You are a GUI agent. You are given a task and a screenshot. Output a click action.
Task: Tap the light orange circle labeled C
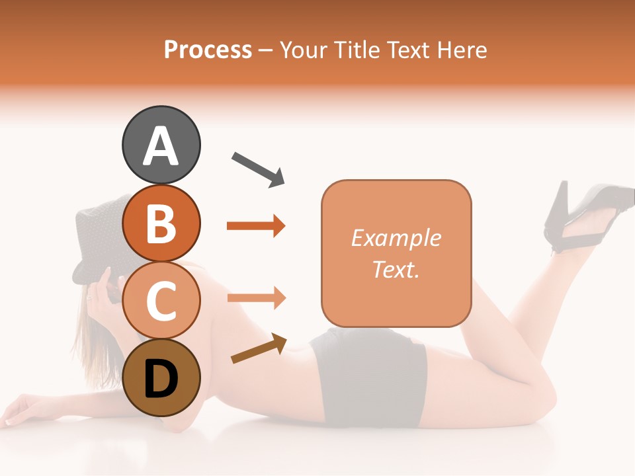click(161, 300)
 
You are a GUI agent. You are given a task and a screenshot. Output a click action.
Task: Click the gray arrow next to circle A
click(258, 169)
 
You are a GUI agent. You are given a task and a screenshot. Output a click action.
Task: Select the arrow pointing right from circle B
click(256, 226)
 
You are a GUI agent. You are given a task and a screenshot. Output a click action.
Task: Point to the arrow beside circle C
click(256, 298)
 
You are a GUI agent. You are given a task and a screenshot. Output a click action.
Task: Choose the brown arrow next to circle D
click(259, 348)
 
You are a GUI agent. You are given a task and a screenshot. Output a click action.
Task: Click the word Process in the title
click(208, 50)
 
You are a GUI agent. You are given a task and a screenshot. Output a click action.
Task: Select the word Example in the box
click(396, 238)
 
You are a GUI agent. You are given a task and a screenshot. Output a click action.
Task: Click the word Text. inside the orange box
click(396, 269)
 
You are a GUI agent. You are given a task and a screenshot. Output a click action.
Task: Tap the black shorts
click(370, 377)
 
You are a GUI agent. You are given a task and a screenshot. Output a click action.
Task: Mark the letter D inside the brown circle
click(161, 379)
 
